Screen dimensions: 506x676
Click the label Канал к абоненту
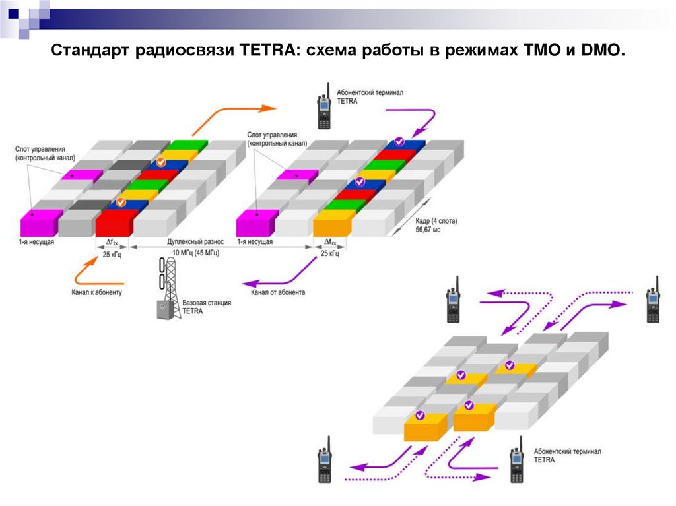(97, 292)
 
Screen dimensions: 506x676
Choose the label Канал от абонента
(278, 292)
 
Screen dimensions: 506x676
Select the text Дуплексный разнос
(196, 243)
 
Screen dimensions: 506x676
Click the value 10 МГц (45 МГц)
(196, 253)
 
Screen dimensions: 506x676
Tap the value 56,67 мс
(428, 230)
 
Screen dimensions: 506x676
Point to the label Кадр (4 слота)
(436, 221)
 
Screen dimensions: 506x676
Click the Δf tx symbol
(111, 243)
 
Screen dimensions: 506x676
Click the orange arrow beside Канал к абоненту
(84, 272)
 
